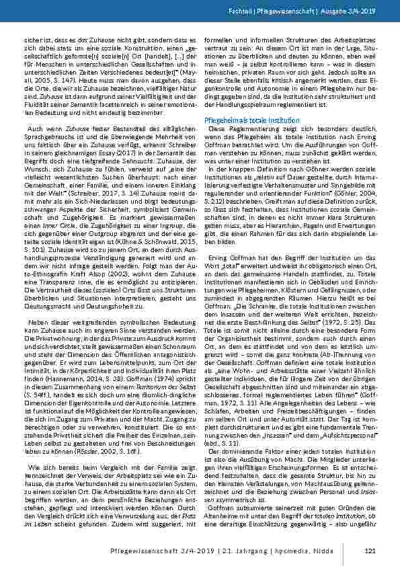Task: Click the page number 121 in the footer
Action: pyautogui.click(x=368, y=551)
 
